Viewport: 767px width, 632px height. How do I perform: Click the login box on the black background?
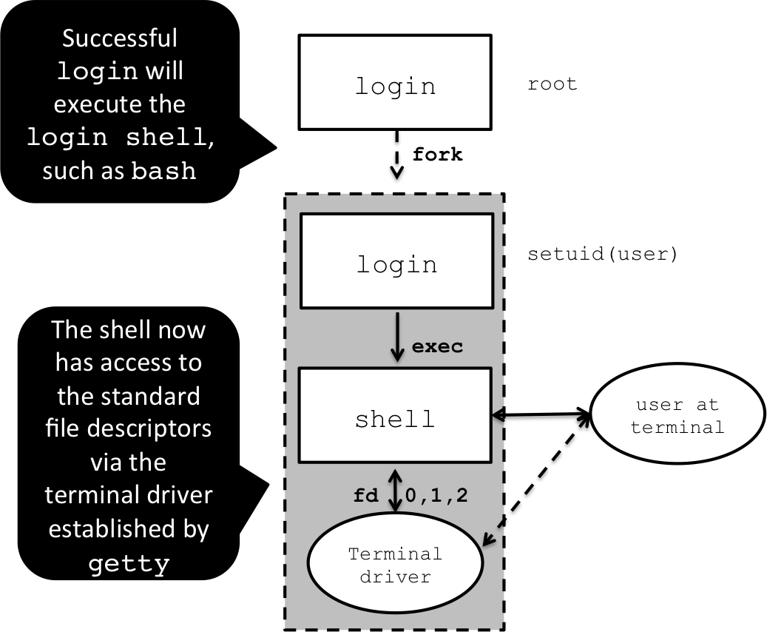coord(395,82)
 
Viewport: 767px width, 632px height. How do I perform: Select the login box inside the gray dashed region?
coord(396,260)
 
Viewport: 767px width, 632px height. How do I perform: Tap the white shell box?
coord(395,414)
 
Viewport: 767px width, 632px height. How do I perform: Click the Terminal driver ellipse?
coord(395,565)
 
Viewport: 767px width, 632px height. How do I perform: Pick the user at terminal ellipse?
coord(677,417)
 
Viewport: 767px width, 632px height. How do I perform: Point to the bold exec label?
coord(437,346)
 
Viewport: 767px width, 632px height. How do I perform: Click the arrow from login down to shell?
coord(397,336)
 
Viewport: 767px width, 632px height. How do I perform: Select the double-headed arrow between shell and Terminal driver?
coord(396,490)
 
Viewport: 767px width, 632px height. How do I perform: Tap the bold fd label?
coord(366,496)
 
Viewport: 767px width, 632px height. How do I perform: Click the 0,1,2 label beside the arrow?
coord(436,496)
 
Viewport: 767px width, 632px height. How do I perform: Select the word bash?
coord(164,172)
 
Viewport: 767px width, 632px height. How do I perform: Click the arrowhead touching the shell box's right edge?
coord(498,416)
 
